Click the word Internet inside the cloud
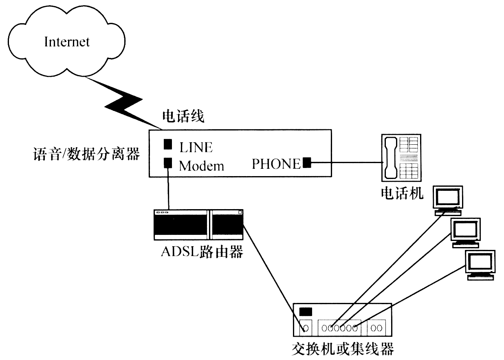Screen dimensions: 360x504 [x=67, y=42]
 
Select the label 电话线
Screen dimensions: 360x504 [x=183, y=117]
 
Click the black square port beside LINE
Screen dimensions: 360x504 [x=167, y=144]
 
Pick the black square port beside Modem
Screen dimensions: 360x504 [x=167, y=163]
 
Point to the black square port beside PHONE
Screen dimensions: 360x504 [x=307, y=163]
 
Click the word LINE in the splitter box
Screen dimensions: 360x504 [x=196, y=146]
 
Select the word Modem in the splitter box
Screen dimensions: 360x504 [x=201, y=166]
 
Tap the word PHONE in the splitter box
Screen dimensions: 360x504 [x=276, y=164]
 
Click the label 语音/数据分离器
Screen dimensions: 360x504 [x=86, y=155]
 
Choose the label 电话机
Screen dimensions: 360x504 [x=402, y=193]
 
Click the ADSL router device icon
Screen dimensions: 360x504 [x=198, y=224]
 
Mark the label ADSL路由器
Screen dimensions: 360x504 [x=202, y=252]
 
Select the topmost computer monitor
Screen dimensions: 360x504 [x=447, y=199]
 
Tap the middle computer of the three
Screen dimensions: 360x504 [x=465, y=232]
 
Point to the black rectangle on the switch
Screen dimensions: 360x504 [x=306, y=312]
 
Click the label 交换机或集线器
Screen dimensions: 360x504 [x=343, y=349]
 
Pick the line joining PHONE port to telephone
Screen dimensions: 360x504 [x=346, y=163]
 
